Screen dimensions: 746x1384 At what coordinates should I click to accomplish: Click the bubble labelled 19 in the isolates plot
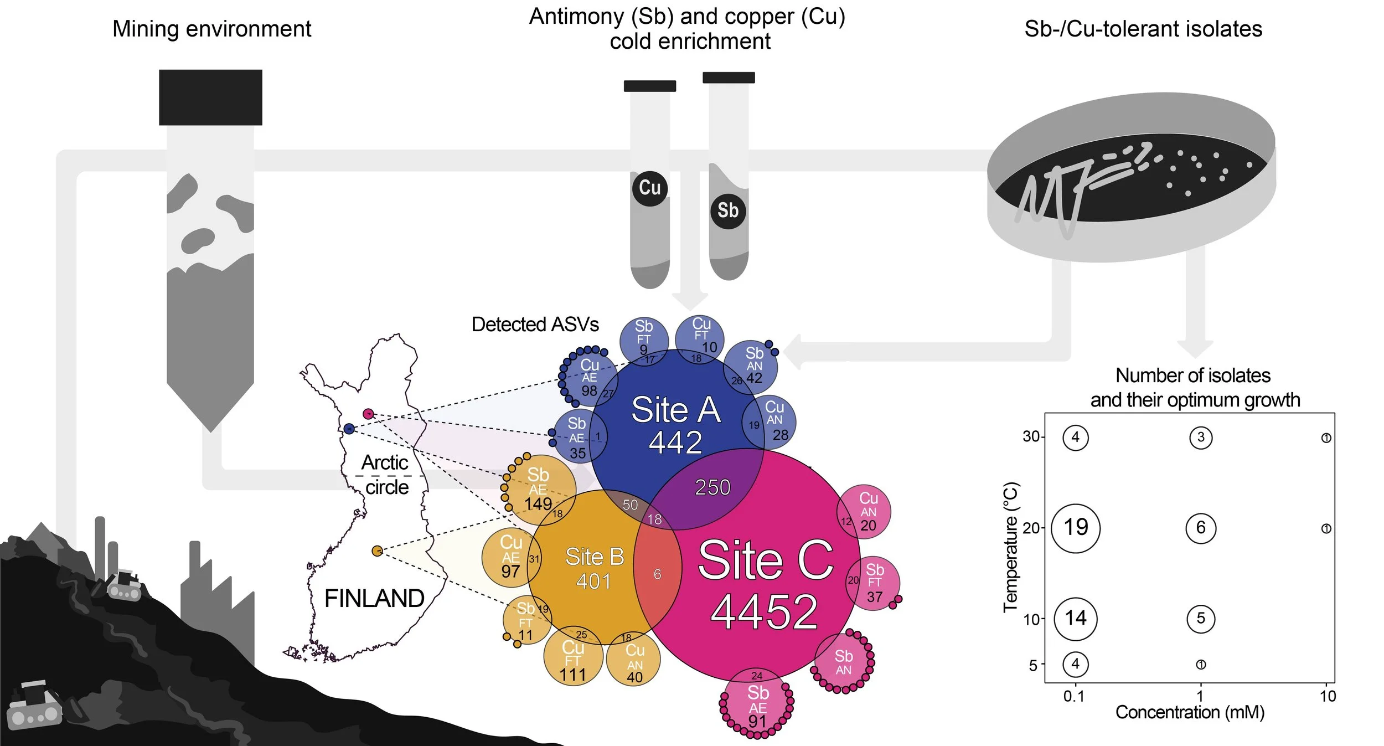1075,528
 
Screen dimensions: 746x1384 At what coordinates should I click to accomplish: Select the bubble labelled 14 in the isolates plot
1075,618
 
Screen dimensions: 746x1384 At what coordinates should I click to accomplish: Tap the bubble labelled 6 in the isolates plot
1200,528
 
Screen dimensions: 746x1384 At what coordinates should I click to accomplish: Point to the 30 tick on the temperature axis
1031,437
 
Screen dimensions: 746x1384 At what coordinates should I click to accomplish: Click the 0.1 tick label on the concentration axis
1074,696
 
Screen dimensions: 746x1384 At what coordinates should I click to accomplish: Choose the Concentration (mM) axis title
1190,712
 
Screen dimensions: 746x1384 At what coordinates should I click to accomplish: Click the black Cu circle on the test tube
649,188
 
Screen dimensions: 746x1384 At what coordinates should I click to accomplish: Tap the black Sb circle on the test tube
728,210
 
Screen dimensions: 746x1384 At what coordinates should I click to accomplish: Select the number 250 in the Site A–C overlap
712,487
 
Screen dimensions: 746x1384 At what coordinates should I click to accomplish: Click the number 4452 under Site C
764,612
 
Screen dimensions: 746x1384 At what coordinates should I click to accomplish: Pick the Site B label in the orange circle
595,557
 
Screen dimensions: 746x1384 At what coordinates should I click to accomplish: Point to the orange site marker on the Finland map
377,551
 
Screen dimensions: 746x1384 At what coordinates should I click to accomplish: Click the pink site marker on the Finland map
368,414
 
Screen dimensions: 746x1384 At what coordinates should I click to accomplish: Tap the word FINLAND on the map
374,598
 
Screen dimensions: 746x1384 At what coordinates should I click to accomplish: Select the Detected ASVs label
535,325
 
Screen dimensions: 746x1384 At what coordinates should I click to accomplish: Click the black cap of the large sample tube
210,97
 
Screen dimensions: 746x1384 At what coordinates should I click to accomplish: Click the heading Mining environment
211,29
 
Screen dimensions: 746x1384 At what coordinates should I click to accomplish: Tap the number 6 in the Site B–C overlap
657,574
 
